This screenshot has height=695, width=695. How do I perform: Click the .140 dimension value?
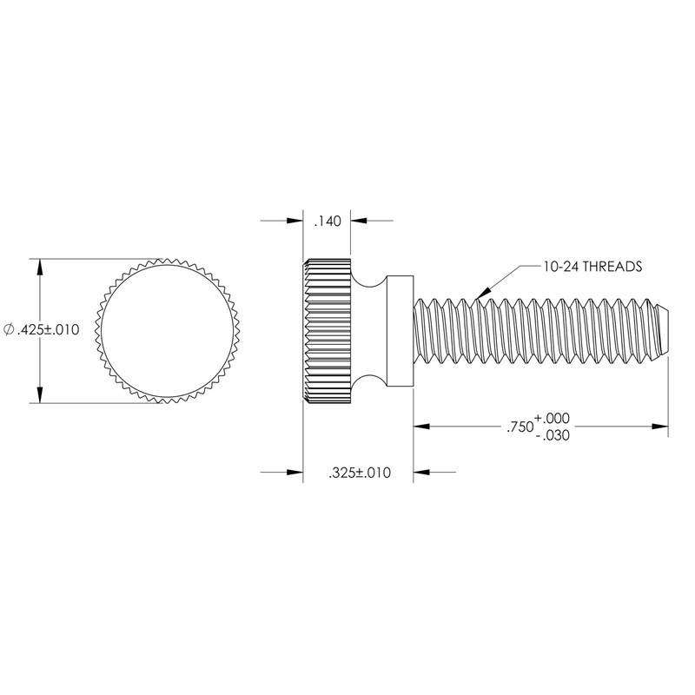click(x=326, y=222)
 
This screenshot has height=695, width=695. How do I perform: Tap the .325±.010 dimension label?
click(x=358, y=473)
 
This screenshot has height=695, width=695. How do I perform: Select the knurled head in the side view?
click(x=327, y=330)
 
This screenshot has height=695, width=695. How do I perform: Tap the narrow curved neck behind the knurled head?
click(x=369, y=330)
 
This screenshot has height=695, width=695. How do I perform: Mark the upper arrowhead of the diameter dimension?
click(x=38, y=265)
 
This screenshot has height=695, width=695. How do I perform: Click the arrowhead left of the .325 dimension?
click(x=294, y=473)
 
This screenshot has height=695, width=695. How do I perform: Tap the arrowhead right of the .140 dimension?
click(x=358, y=222)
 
